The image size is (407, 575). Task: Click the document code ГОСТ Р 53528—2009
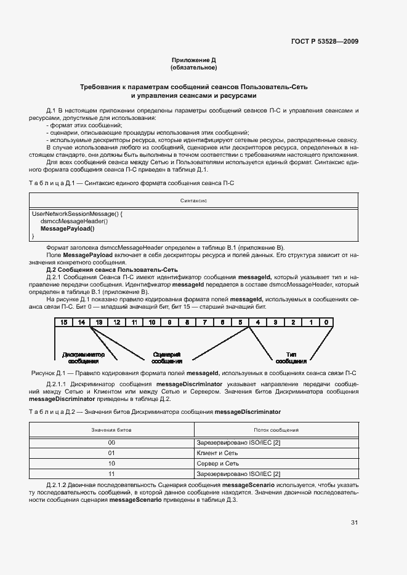[324, 42]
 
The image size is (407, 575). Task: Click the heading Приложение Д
[194, 60]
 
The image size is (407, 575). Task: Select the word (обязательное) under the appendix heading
[194, 68]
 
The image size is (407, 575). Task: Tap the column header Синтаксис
[193, 200]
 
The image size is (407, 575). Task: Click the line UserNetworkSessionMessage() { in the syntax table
[77, 214]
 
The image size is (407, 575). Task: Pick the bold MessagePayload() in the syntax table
[68, 229]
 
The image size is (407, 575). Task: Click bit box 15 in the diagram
[63, 322]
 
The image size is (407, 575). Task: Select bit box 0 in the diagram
[326, 322]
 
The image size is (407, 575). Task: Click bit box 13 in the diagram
[98, 322]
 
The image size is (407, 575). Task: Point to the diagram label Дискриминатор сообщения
[84, 358]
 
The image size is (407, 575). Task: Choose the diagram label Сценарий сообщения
[166, 358]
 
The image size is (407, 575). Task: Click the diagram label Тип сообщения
[291, 358]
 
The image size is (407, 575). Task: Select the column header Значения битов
[111, 430]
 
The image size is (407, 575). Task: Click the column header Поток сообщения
[276, 430]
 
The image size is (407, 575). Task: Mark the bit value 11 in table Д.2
[111, 474]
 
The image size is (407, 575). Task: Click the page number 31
[354, 523]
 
